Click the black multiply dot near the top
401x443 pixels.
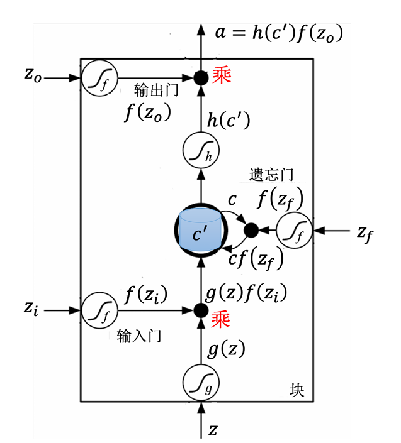click(201, 78)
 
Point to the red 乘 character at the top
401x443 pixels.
click(221, 76)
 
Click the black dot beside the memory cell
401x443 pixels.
click(251, 231)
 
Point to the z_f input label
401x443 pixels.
click(364, 233)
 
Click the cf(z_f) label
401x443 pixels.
click(256, 258)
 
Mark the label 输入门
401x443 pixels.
click(139, 336)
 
